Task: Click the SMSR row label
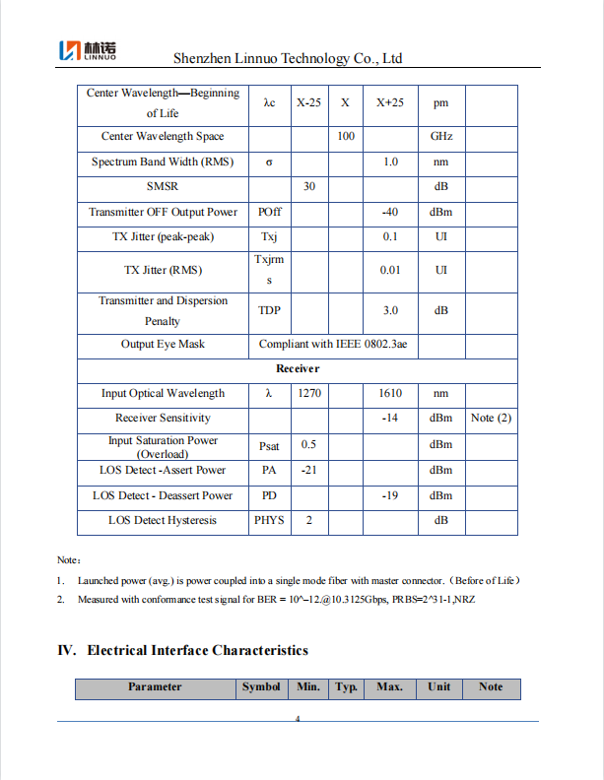click(163, 186)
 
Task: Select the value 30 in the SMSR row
click(308, 186)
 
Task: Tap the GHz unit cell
click(440, 137)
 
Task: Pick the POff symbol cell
click(269, 212)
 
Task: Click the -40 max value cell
click(390, 212)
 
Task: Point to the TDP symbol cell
click(269, 310)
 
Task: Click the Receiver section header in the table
click(298, 368)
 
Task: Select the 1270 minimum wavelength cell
click(308, 393)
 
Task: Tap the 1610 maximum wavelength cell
click(390, 393)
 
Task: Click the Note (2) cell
click(491, 418)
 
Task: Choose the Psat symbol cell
click(269, 446)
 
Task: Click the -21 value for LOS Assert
click(308, 471)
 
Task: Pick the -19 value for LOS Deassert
click(390, 495)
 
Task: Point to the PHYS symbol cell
click(269, 520)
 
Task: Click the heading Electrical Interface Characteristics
click(197, 650)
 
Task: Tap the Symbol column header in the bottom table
click(261, 687)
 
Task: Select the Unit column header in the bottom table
click(438, 687)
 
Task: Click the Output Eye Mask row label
click(163, 345)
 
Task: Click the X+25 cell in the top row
click(390, 102)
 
